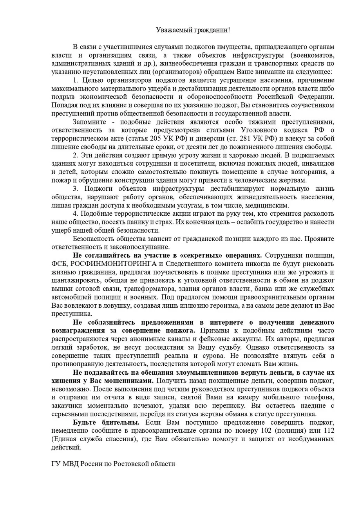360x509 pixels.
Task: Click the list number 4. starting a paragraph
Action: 76,214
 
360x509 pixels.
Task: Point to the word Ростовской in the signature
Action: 132,464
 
